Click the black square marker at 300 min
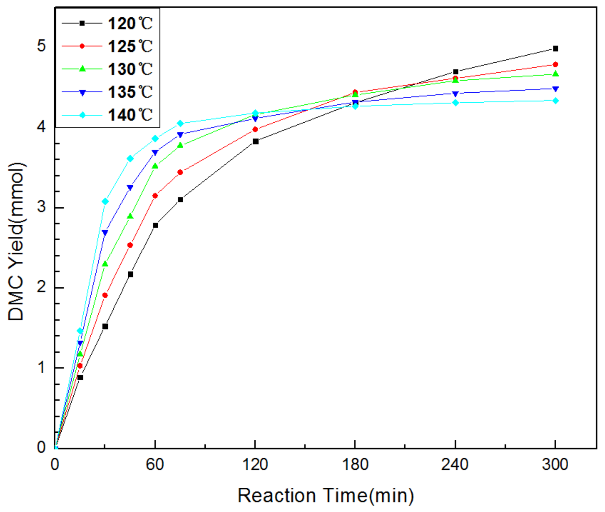point(555,49)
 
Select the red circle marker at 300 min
point(555,65)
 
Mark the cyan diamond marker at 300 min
point(555,101)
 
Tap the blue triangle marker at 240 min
point(456,94)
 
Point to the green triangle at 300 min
point(555,74)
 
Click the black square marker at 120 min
point(255,141)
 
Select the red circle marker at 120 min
point(255,129)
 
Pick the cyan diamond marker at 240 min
point(456,103)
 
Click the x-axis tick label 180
point(355,464)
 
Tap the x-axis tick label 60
point(155,464)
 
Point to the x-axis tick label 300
point(555,464)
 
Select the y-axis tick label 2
point(41,287)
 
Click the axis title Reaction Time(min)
point(326,496)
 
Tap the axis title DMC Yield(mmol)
point(16,242)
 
